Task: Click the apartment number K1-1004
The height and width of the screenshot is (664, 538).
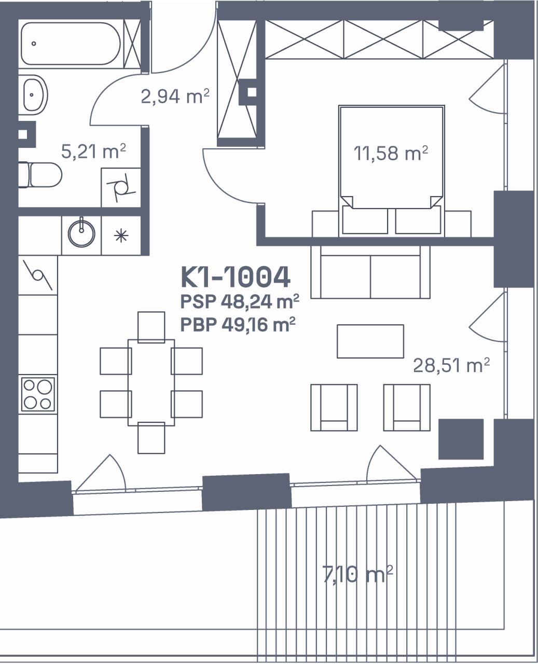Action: coord(236,277)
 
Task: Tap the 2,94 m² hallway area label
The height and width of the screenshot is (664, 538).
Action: coord(175,96)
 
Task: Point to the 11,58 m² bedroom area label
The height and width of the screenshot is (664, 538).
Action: coord(391,153)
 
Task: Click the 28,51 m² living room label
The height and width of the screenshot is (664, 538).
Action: coord(451,365)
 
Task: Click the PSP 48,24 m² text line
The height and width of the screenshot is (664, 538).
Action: coord(240,301)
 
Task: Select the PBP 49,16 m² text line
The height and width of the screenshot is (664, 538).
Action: coord(238,325)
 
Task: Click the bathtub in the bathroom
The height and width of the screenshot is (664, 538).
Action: coord(71,44)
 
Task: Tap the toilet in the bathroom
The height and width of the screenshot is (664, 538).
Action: coord(40,175)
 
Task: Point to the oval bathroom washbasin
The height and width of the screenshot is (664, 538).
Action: coord(35,95)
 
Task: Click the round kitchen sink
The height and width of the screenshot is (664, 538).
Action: coord(81,233)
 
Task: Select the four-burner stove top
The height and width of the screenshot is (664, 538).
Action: coord(38,394)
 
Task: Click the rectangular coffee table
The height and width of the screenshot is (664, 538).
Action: coord(370,341)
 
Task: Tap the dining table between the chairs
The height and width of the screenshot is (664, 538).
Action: coord(151,382)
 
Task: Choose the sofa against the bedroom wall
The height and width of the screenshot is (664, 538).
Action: coord(370,272)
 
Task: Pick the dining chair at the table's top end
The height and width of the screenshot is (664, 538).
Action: coord(151,327)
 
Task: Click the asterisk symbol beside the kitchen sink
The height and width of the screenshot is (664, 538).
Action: coord(121,236)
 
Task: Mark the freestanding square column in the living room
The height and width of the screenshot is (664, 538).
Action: coord(461,439)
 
